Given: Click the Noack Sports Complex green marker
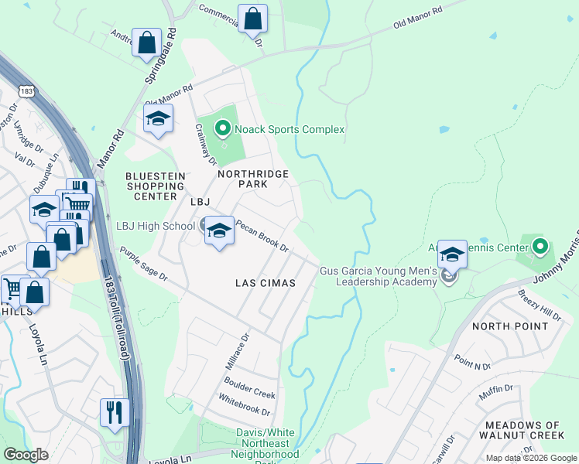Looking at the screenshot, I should point(223,128).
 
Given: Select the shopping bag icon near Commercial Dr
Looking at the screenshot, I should point(252,19).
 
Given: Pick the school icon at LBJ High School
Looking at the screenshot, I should point(219,230).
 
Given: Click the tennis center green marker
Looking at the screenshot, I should point(540,247).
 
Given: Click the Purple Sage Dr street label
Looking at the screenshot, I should point(143,265).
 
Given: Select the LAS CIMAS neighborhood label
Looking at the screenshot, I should point(266,283).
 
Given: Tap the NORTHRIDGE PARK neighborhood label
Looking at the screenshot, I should point(252,179).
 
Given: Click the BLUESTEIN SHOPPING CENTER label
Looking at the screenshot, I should point(156,186).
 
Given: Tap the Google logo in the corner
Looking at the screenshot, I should point(26,455).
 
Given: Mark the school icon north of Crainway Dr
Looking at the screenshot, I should point(158,119).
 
